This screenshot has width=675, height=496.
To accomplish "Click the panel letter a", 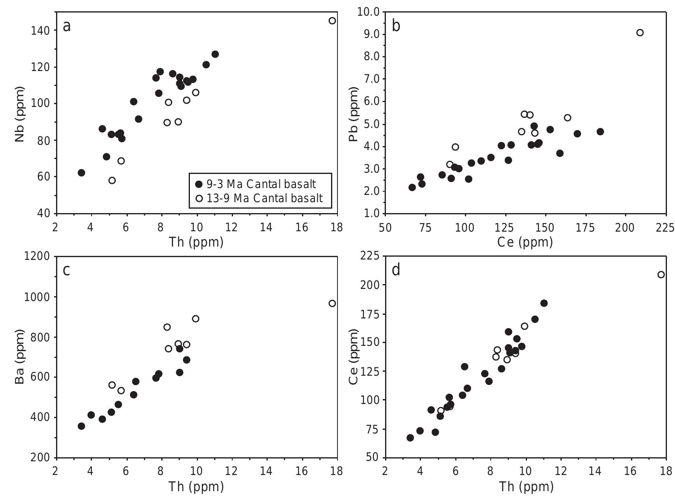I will pos(67,27).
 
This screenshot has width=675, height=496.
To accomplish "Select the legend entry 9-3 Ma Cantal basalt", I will pos(260,184).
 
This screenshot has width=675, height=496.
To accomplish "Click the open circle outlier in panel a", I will pos(332,21).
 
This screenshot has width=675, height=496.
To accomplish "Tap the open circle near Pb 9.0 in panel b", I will pos(640,33).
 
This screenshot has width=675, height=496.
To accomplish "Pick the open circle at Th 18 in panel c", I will pos(332,303).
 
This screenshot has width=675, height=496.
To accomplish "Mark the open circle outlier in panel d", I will pos(661,275).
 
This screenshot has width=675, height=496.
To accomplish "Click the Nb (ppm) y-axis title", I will pos(19,114).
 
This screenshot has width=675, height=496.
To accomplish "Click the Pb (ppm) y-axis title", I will pos(354,114).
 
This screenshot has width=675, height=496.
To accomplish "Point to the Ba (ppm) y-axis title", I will pos(19,357).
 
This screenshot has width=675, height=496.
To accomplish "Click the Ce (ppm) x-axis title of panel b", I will pos(525,242).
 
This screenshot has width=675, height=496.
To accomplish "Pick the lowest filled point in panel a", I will pos(81,173).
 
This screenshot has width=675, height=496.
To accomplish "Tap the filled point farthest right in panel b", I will pos(600,132).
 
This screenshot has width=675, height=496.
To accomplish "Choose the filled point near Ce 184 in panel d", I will pos(544,303).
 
